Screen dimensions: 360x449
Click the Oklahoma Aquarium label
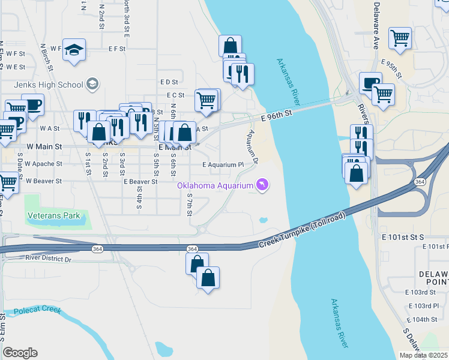(x=215, y=185)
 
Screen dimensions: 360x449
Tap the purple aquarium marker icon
(x=262, y=185)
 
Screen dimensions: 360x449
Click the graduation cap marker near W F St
(x=74, y=49)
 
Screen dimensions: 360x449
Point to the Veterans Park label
(x=54, y=215)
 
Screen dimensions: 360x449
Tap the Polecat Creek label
(x=39, y=311)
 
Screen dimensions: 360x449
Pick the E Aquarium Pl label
(x=223, y=164)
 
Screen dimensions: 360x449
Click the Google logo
(x=20, y=353)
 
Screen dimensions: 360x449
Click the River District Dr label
(x=48, y=259)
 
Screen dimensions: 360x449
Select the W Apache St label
(x=43, y=164)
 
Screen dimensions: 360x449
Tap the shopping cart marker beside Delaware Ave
(x=400, y=38)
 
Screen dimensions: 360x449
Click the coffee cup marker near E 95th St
(x=370, y=83)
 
